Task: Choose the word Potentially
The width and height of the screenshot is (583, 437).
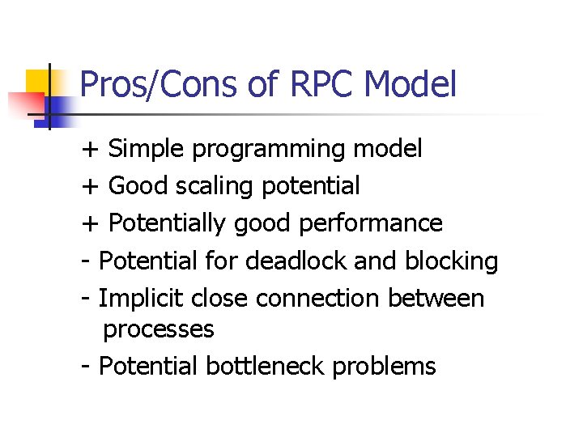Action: [168, 223]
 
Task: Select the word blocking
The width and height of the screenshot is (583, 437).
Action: [451, 261]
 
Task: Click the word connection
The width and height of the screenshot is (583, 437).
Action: [318, 298]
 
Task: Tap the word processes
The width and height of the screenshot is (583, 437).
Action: [159, 330]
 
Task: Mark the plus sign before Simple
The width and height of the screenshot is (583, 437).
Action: [89, 150]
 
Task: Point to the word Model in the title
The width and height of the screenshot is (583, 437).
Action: [411, 85]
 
